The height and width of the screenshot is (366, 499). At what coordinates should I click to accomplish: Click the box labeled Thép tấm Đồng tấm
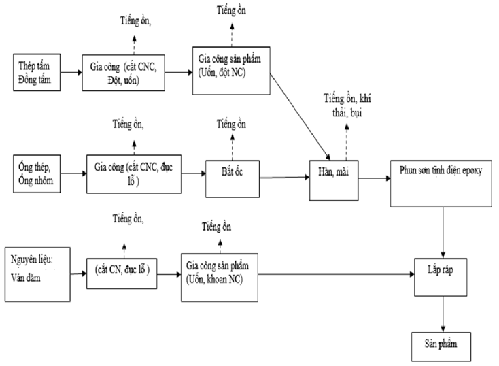click(37, 72)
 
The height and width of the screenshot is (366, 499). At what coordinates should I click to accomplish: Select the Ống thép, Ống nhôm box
click(37, 173)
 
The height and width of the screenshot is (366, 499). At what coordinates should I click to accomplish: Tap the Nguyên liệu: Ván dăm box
click(37, 274)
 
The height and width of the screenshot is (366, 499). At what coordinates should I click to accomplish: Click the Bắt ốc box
click(233, 179)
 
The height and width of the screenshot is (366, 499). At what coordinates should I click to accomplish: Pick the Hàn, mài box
click(334, 180)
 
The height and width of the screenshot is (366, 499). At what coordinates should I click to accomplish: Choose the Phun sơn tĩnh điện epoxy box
click(441, 184)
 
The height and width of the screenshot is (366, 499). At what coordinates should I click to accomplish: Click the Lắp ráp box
click(441, 277)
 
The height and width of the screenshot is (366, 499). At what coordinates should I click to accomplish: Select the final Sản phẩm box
click(441, 346)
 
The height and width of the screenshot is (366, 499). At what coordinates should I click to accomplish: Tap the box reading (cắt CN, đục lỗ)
click(122, 273)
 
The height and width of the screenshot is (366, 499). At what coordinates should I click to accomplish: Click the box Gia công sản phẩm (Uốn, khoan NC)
click(220, 278)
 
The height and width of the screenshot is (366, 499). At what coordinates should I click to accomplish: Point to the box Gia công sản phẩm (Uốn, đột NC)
click(231, 71)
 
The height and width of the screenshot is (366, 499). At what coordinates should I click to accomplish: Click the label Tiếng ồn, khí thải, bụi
click(347, 105)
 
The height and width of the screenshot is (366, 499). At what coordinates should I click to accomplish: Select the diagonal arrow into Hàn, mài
click(300, 116)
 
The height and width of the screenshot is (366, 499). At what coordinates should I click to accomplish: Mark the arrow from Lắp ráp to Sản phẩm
click(443, 314)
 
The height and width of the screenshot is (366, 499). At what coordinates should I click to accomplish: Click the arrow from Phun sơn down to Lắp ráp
click(443, 233)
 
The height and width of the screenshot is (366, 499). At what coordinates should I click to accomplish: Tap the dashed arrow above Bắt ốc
click(233, 147)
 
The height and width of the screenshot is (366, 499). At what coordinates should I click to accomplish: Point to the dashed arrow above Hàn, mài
click(347, 142)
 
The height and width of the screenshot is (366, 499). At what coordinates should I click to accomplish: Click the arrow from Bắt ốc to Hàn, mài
click(284, 178)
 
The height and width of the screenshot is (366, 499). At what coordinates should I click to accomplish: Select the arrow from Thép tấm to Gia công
click(71, 72)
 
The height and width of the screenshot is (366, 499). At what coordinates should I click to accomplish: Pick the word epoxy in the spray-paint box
click(472, 171)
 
